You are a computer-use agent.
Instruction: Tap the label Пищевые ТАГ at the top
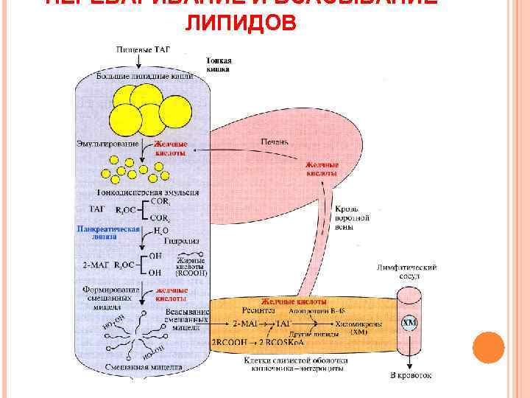pos(144,49)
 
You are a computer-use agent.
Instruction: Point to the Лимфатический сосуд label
pos(397,270)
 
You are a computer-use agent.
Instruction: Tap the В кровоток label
pos(410,375)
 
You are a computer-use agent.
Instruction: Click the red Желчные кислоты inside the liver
pos(322,169)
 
